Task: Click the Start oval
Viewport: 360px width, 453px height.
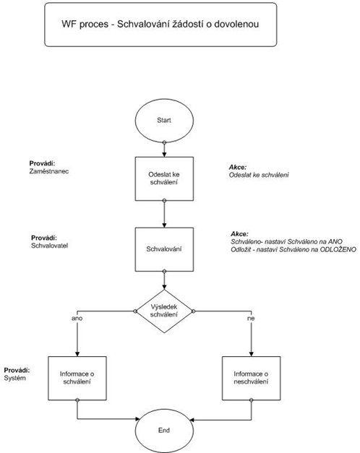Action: (x=164, y=120)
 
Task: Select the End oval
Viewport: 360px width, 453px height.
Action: (x=164, y=431)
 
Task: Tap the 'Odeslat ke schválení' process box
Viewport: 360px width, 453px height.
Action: (x=164, y=178)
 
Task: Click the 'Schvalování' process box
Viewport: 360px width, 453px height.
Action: (x=164, y=249)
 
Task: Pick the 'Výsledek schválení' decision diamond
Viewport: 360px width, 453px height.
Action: (x=164, y=311)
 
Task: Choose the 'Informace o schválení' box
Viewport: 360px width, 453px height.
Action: (x=77, y=378)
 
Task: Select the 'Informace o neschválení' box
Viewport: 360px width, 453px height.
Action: (x=252, y=378)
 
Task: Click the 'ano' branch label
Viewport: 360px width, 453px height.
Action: (x=77, y=319)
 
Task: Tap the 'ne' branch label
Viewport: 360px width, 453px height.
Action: (x=251, y=319)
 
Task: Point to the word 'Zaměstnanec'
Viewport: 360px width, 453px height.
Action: (x=49, y=171)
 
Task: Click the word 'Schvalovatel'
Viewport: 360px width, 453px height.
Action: (x=49, y=246)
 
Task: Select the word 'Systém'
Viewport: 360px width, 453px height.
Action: (x=15, y=378)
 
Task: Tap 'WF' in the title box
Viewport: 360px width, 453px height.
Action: (x=69, y=24)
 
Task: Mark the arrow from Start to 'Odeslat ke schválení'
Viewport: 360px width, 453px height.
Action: (x=164, y=150)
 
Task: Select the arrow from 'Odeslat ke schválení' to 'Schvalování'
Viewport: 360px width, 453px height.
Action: (x=164, y=214)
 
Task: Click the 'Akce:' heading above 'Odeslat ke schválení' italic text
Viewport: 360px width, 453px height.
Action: (x=238, y=167)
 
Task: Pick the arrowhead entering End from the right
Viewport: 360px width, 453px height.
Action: (x=191, y=420)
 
